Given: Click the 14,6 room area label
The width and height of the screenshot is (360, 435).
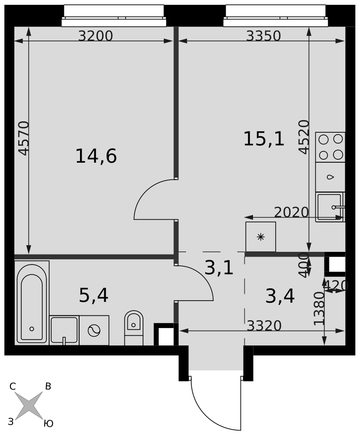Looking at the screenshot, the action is tap(96, 156).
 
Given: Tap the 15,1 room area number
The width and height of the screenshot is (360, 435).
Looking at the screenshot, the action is tap(264, 139).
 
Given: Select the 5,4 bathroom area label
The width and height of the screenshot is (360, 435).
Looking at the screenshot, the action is tap(93, 295).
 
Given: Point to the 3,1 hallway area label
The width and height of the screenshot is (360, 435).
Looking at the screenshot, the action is tap(219, 268).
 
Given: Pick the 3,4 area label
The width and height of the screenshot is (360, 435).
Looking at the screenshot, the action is tap(280, 296).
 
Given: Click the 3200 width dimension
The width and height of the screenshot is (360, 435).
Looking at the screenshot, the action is tap(95, 36).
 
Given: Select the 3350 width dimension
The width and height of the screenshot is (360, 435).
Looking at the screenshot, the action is tap(263, 36).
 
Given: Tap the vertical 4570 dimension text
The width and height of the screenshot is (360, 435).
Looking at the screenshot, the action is tap(23, 138).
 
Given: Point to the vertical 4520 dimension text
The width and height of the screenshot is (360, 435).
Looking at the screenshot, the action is tap(304, 137).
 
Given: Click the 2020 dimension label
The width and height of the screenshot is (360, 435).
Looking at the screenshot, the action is tap(291, 212).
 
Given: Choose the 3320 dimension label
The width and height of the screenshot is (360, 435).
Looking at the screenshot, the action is tap(264, 326).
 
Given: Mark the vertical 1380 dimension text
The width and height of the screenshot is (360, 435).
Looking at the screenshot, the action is tap(319, 308).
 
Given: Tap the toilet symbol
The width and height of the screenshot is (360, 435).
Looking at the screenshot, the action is tap(133, 328).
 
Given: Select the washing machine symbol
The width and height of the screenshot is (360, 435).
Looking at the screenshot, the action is tap(94, 331).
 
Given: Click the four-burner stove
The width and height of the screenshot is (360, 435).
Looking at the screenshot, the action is tap(330, 147).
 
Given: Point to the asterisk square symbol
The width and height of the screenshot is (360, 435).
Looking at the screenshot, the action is tap(261, 237).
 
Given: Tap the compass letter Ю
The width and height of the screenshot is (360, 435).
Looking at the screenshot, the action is tap(49, 423).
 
